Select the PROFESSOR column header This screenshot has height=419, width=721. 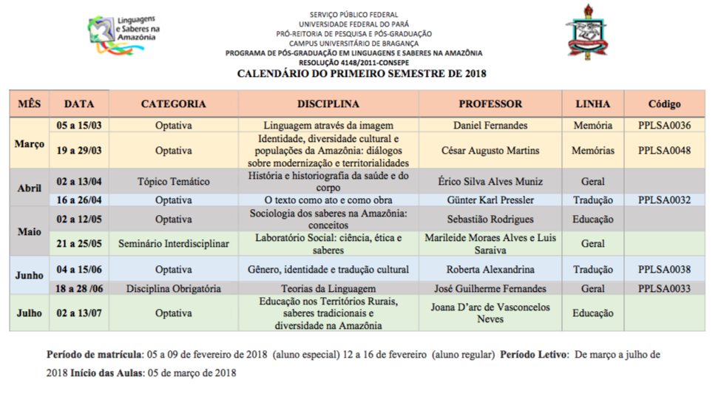(490, 104)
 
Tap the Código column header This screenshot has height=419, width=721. (664, 104)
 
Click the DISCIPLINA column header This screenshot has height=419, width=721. (328, 104)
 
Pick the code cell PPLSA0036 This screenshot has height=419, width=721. (664, 126)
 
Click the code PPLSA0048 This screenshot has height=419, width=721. (664, 151)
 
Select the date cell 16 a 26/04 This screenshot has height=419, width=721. (79, 200)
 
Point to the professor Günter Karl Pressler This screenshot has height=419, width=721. (490, 200)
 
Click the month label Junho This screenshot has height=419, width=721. (30, 276)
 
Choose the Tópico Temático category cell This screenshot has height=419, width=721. (174, 182)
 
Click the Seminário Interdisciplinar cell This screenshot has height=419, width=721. (174, 243)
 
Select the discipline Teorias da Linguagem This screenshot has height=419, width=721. (328, 289)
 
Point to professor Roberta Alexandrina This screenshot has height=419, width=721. (490, 270)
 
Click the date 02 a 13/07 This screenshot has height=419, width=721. (79, 313)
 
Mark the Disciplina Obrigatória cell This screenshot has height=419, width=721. (174, 289)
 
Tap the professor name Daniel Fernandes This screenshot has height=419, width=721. (490, 126)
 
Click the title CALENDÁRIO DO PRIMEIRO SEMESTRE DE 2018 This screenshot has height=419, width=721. (361, 74)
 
